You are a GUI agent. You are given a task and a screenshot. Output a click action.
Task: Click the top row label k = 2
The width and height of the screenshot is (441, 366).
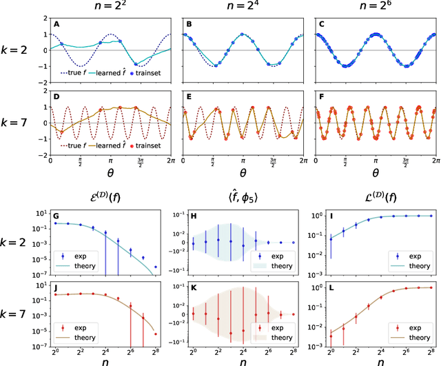19,50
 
